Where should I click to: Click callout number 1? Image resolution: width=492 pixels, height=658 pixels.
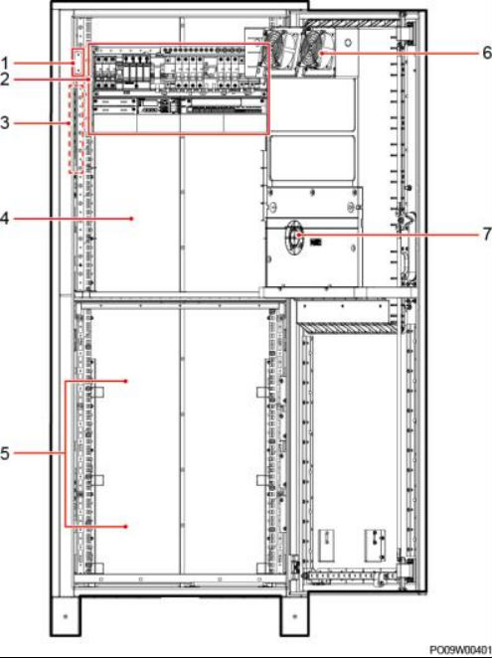pos(5,64)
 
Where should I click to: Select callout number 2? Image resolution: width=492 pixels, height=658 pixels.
pos(5,79)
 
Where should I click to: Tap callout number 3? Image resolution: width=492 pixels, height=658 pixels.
pos(5,123)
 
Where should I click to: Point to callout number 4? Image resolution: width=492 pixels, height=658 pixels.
pos(5,219)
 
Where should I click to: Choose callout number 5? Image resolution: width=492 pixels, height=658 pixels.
pos(5,453)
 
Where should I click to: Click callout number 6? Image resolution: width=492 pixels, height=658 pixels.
pos(487,53)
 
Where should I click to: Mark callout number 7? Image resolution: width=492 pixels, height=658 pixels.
pos(487,235)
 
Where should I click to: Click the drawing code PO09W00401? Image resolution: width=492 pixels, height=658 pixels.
pos(460,649)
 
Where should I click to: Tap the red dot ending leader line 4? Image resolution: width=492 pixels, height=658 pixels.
pos(132,219)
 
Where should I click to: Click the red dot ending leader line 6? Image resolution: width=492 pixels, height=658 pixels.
pos(322,54)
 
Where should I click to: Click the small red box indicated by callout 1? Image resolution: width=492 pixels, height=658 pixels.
pos(78,63)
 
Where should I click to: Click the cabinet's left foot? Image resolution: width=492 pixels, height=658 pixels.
pos(65,615)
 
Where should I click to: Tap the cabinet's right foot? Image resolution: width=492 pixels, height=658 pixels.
pos(294,615)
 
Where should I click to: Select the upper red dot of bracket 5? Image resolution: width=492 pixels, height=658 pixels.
pos(126,381)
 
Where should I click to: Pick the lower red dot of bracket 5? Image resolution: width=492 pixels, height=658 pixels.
pos(126,526)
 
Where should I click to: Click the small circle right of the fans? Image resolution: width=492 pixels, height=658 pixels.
pos(348,43)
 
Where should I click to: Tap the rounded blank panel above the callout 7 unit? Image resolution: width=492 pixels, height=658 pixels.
pos(313,157)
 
